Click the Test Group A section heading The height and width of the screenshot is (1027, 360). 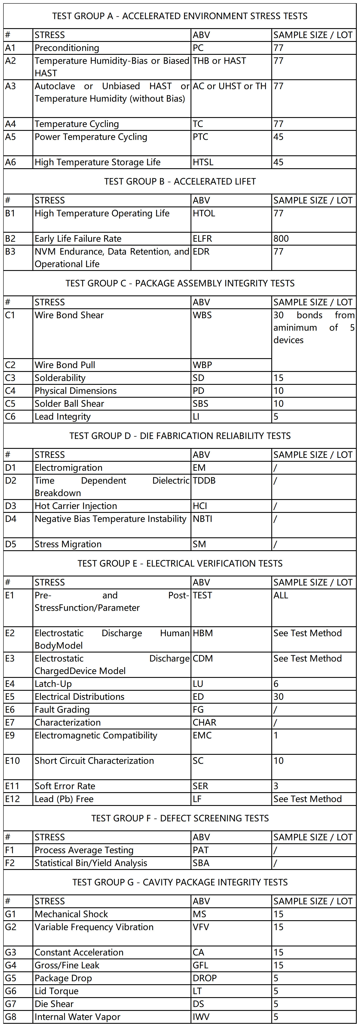pyautogui.click(x=180, y=16)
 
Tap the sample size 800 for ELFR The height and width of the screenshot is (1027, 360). pyautogui.click(x=281, y=238)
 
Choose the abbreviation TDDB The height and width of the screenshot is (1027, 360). pyautogui.click(x=204, y=480)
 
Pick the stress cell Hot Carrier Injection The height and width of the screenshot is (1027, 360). pyautogui.click(x=76, y=506)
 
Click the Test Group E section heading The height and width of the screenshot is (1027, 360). pyautogui.click(x=180, y=563)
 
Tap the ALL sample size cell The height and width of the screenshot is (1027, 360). pyautogui.click(x=281, y=595)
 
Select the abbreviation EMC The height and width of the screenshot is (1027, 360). pyautogui.click(x=202, y=735)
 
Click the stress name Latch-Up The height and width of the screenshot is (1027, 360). pyautogui.click(x=53, y=684)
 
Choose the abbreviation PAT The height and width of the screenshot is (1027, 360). pyautogui.click(x=201, y=850)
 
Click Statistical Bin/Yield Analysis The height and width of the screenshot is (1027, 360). pyautogui.click(x=91, y=863)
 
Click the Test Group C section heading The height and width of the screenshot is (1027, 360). pyautogui.click(x=180, y=283)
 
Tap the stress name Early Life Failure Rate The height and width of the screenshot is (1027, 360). pyautogui.click(x=78, y=238)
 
